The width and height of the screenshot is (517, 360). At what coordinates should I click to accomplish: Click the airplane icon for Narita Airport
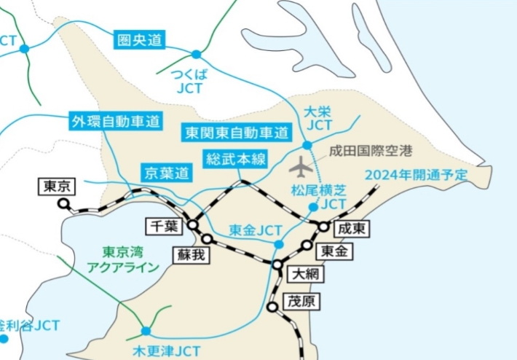point(301,167)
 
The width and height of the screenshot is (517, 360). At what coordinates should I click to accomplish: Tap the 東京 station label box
point(57,185)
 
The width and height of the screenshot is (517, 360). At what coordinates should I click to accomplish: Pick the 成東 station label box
point(352,229)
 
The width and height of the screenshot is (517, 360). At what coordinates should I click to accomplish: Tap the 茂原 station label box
point(299,300)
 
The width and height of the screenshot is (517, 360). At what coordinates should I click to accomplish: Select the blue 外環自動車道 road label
point(116,121)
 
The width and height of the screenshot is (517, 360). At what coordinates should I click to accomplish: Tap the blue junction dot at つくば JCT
point(196,55)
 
